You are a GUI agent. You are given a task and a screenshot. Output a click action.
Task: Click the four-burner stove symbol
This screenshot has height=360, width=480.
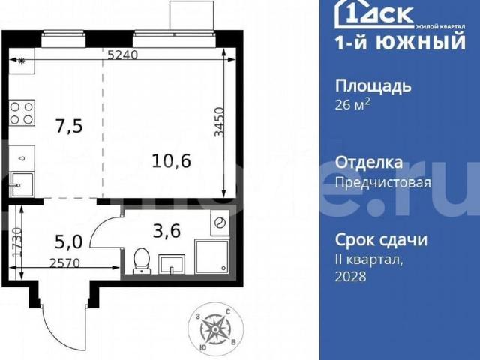[x=22, y=112]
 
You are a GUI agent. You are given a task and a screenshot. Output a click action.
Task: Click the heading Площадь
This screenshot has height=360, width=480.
[x=372, y=85]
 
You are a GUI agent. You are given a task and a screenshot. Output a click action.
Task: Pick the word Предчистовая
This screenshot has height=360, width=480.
[x=382, y=182]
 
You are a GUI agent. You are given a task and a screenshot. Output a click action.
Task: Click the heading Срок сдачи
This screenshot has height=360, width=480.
[x=380, y=240]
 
